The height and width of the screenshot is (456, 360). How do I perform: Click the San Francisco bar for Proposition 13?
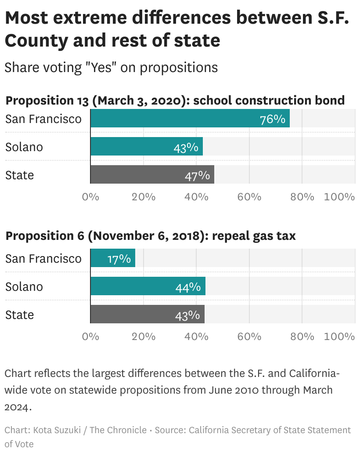[190, 119]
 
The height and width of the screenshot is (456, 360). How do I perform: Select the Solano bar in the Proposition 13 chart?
[146, 146]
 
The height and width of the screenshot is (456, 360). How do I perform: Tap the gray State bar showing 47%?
[152, 174]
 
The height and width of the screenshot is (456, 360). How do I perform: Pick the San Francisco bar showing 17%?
[112, 258]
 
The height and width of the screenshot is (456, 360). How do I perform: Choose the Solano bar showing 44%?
[148, 286]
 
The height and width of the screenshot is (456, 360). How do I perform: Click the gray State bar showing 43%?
[147, 314]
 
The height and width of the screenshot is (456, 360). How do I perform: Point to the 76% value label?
[273, 119]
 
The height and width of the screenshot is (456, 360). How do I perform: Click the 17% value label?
[119, 259]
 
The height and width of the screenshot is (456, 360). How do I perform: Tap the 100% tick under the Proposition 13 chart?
[339, 197]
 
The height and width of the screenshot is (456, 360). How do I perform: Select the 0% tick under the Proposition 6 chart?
[90, 337]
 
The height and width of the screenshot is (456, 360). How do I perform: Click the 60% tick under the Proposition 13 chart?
[249, 197]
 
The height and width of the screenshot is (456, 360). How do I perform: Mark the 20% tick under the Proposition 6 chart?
[144, 337]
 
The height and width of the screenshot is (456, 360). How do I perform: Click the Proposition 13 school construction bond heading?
[175, 100]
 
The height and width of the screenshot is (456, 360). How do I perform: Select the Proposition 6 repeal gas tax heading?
[150, 235]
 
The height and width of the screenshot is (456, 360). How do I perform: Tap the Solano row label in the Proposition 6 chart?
[24, 286]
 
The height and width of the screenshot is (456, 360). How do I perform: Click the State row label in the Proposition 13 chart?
[19, 175]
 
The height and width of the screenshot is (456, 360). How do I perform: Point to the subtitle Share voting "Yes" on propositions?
[111, 67]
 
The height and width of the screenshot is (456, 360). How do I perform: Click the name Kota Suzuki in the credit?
[57, 430]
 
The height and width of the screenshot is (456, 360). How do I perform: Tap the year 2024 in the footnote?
[18, 407]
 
